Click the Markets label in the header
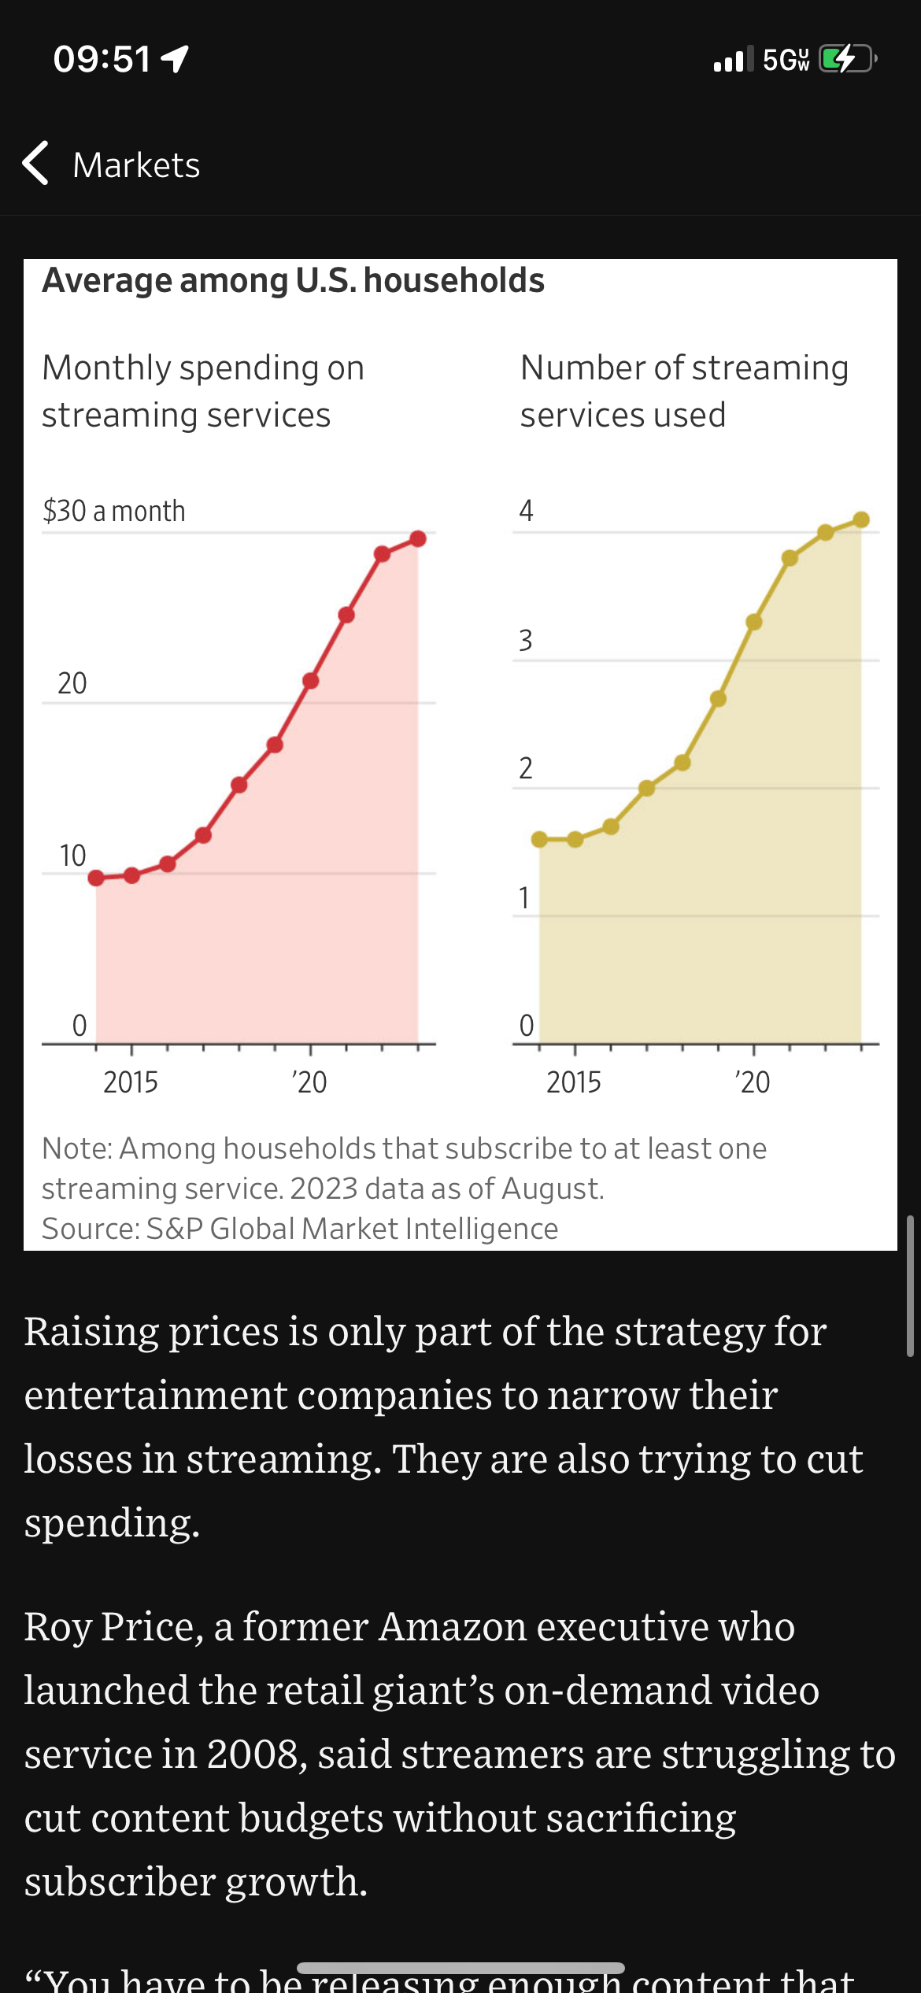136,165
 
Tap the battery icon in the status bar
847,59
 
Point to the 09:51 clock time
102,59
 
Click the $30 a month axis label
114,511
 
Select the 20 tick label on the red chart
72,683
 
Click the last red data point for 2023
418,538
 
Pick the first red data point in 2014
96,878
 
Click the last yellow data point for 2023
861,520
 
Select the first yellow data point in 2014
539,839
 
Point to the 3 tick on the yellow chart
526,640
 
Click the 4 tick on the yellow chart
526,511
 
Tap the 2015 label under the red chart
131,1082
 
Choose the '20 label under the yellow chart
752,1082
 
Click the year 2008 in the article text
253,1755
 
